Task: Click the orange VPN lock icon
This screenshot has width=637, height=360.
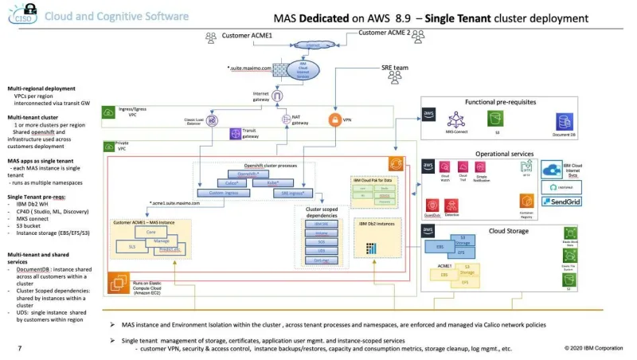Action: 335,120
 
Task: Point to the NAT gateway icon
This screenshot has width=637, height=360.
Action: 287,119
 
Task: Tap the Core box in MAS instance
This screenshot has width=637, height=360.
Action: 150,231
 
